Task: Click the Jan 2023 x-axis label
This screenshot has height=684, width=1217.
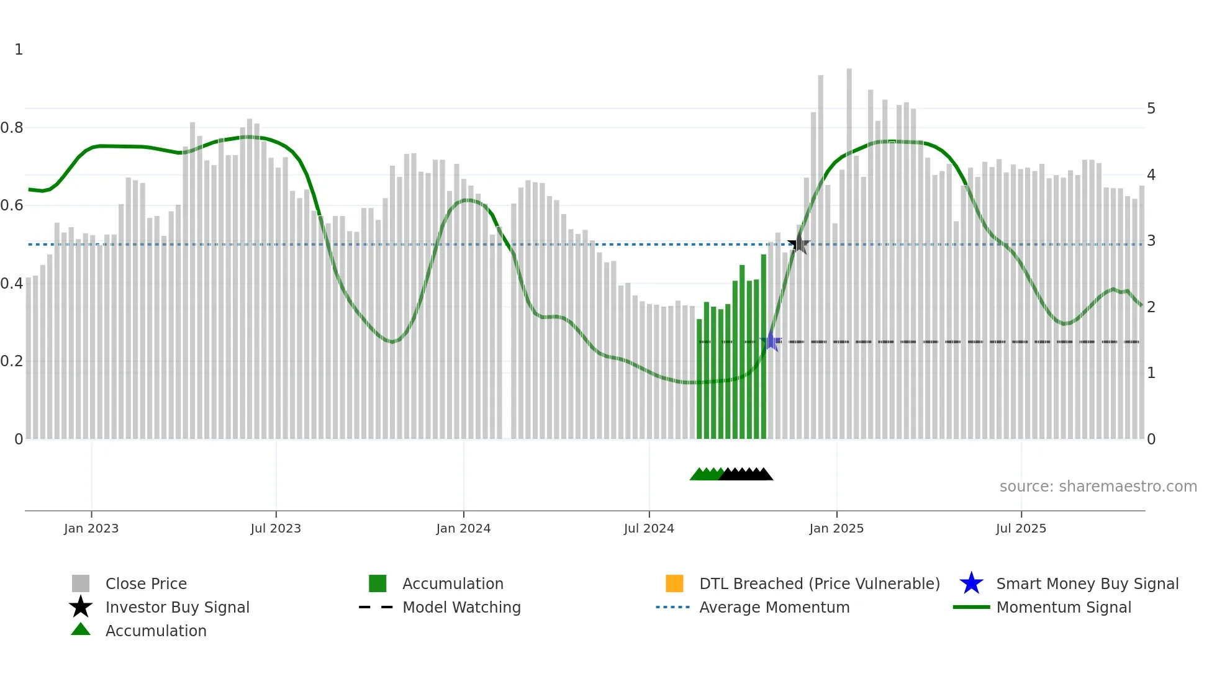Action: click(91, 528)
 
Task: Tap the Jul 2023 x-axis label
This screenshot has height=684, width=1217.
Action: click(276, 528)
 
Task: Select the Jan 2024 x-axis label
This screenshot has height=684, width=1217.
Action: click(463, 528)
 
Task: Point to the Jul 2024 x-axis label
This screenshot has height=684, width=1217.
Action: click(649, 528)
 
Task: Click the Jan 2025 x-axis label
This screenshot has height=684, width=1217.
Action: click(836, 528)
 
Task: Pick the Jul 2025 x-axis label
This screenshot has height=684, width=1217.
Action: click(1021, 528)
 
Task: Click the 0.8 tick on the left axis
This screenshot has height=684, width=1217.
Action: click(12, 128)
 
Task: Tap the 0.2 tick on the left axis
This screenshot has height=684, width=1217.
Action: click(12, 361)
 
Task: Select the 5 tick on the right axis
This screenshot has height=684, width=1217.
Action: click(1151, 109)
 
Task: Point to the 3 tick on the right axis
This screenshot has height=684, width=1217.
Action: click(1151, 241)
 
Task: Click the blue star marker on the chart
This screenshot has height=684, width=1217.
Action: click(771, 341)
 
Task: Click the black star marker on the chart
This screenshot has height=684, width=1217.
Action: click(799, 245)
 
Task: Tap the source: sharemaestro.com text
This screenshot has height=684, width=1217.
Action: click(1098, 487)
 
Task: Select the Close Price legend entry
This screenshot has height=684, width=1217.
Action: click(146, 583)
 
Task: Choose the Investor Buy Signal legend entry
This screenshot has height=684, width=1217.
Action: click(177, 607)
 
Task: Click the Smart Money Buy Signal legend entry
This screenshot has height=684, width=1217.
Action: click(1087, 583)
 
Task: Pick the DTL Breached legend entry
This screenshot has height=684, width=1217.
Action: click(819, 583)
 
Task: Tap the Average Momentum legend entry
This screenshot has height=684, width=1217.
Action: click(774, 607)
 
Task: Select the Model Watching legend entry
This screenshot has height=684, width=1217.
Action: click(461, 607)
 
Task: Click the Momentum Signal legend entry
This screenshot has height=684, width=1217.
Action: click(1063, 607)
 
